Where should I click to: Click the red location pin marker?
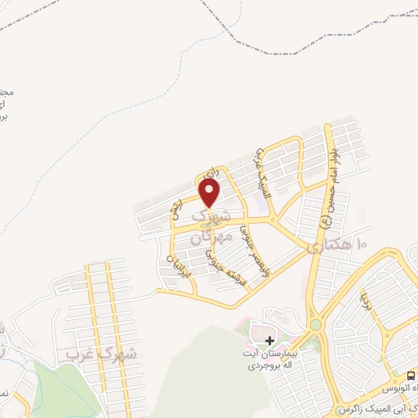pyautogui.click(x=210, y=193)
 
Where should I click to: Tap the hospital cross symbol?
pyautogui.click(x=270, y=340)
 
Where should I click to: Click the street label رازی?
pyautogui.click(x=213, y=173)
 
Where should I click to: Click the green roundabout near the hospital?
pyautogui.click(x=316, y=324)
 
